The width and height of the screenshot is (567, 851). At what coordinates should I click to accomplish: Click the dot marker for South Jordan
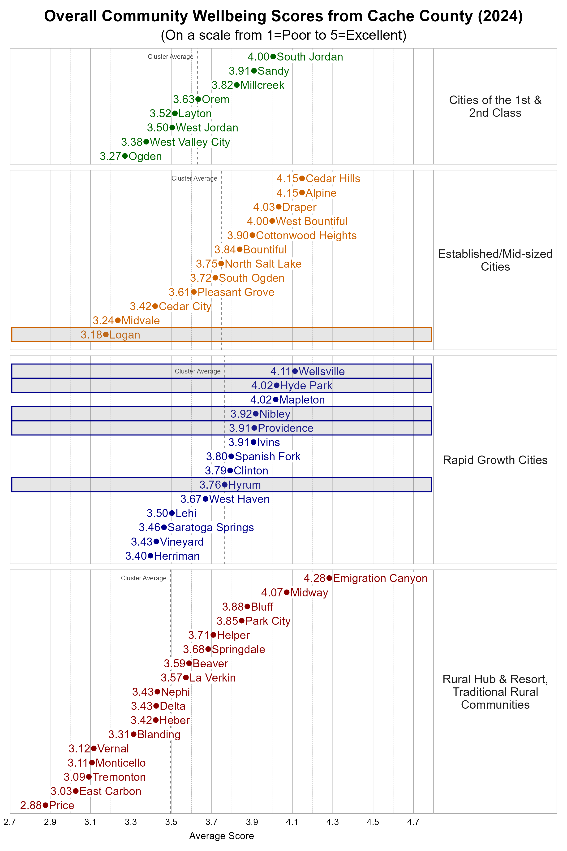[x=273, y=56]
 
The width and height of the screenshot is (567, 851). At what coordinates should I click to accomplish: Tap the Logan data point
[x=106, y=334]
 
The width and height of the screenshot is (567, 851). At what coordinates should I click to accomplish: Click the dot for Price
[x=45, y=805]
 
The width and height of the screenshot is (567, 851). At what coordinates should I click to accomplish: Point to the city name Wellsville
[x=322, y=371]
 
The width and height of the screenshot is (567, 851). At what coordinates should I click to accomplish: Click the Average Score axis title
[x=221, y=836]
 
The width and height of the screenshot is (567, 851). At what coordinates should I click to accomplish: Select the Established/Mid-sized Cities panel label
[x=495, y=260]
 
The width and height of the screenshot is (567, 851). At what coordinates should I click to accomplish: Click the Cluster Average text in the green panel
[x=170, y=57]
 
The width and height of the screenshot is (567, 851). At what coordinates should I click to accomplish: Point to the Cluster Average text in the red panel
[x=144, y=578]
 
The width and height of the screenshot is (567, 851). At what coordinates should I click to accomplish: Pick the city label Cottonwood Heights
[x=306, y=235]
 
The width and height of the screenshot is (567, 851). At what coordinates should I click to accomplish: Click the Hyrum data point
[x=225, y=484]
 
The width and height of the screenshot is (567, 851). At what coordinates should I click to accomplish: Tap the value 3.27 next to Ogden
[x=110, y=156]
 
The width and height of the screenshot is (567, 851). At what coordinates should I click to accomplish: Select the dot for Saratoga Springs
[x=164, y=527]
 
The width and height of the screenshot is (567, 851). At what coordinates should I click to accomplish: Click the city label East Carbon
[x=110, y=791]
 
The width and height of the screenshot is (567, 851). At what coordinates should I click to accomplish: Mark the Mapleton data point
[x=275, y=399]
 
